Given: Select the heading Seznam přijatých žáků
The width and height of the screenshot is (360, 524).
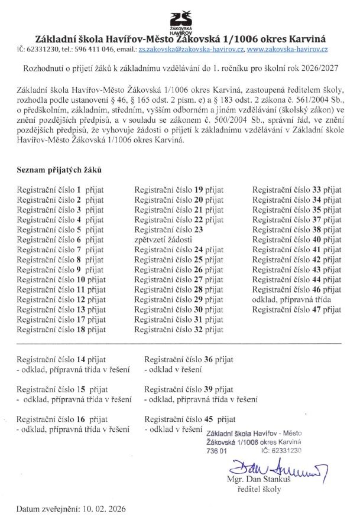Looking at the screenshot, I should coord(59,170).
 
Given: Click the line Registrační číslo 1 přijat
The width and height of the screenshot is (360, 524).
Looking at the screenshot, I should coord(60,190).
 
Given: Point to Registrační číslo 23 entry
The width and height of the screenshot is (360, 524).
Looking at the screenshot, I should coord(168,230).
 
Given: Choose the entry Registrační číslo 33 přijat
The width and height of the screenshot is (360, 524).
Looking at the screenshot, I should coord(297,190).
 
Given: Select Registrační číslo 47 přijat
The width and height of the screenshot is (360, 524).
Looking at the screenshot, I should coord(297,310).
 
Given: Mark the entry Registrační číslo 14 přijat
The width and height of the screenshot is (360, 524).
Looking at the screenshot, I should coord(61,359).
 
